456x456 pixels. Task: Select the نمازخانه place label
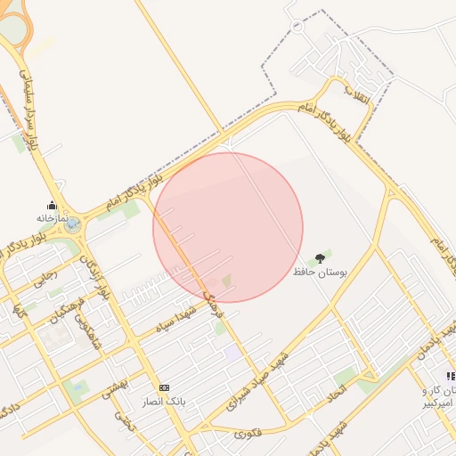[53, 217]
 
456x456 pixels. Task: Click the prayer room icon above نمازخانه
[52, 205]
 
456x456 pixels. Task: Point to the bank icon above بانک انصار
[164, 388]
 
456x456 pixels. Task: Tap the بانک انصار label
[164, 402]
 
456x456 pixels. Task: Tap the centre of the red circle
[228, 227]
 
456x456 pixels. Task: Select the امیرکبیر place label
[437, 404]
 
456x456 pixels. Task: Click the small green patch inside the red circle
[225, 281]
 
